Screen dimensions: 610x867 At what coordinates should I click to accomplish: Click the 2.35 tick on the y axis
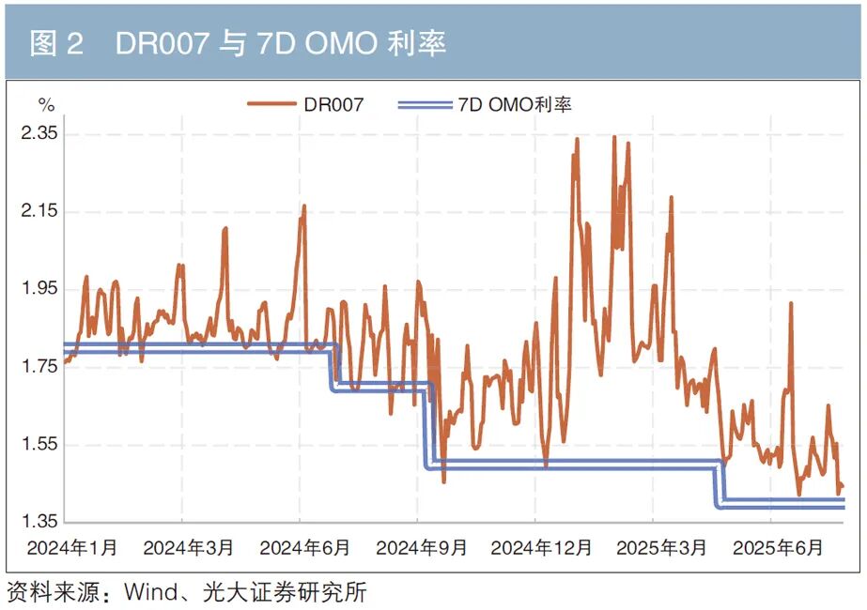click(39, 133)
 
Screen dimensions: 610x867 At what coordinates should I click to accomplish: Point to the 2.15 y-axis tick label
click(39, 211)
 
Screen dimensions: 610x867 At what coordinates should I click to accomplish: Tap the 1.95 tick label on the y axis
click(39, 289)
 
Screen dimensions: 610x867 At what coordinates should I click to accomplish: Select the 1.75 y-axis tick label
click(39, 366)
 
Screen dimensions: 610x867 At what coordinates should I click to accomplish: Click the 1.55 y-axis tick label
click(39, 444)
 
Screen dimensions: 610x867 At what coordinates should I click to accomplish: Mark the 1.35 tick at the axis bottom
click(39, 521)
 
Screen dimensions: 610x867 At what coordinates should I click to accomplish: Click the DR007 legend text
click(333, 105)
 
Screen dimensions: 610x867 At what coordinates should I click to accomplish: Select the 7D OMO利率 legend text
click(515, 105)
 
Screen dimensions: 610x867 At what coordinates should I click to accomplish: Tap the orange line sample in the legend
click(271, 105)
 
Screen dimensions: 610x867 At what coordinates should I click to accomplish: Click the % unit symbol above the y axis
click(45, 105)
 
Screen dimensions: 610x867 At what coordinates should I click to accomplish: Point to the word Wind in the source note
click(148, 593)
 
